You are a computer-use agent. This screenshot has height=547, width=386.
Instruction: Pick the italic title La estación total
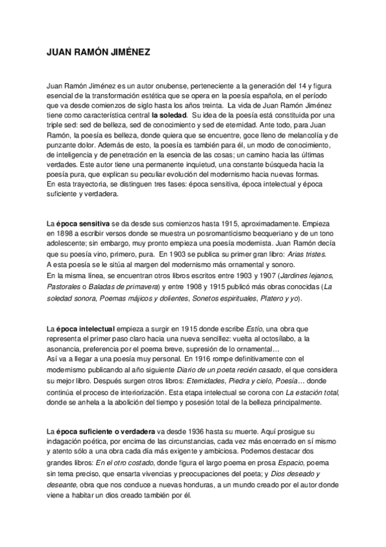click(x=311, y=392)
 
